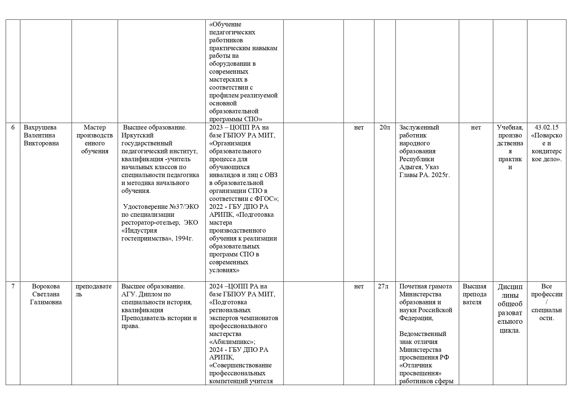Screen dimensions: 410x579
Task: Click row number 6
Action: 13,128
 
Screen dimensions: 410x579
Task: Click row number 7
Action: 13,286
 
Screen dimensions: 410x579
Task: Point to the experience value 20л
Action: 385,128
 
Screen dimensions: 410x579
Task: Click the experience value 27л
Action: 383,286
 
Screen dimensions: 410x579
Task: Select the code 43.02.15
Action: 546,128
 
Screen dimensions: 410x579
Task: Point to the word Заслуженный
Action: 419,128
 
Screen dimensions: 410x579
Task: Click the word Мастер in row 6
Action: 95,128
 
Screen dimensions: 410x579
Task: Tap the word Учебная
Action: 510,128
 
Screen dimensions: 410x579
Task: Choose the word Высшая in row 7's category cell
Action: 474,286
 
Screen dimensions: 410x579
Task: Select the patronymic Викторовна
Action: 41,143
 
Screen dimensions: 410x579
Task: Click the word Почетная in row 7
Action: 413,286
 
